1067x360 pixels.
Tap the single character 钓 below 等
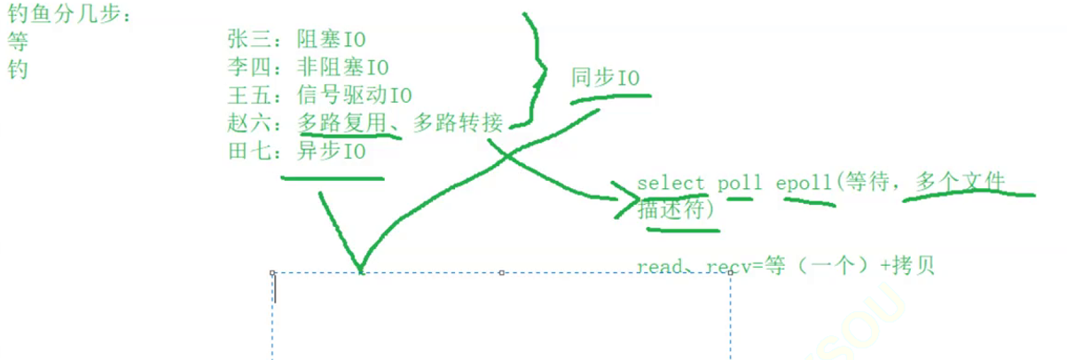click(18, 69)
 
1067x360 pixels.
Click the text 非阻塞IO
click(342, 67)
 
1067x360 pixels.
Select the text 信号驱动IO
click(354, 95)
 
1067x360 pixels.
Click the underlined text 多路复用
click(341, 123)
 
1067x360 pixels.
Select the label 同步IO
click(605, 78)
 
